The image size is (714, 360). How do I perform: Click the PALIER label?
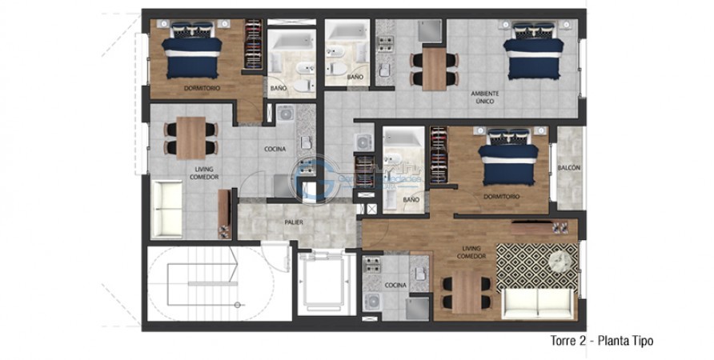pyautogui.click(x=293, y=222)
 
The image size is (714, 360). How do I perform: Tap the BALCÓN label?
pyautogui.click(x=569, y=168)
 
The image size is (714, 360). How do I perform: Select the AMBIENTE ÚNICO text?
pyautogui.click(x=485, y=98)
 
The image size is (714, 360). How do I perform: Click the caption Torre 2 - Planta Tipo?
pyautogui.click(x=602, y=341)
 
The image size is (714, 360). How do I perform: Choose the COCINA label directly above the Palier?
pyautogui.click(x=276, y=150)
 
